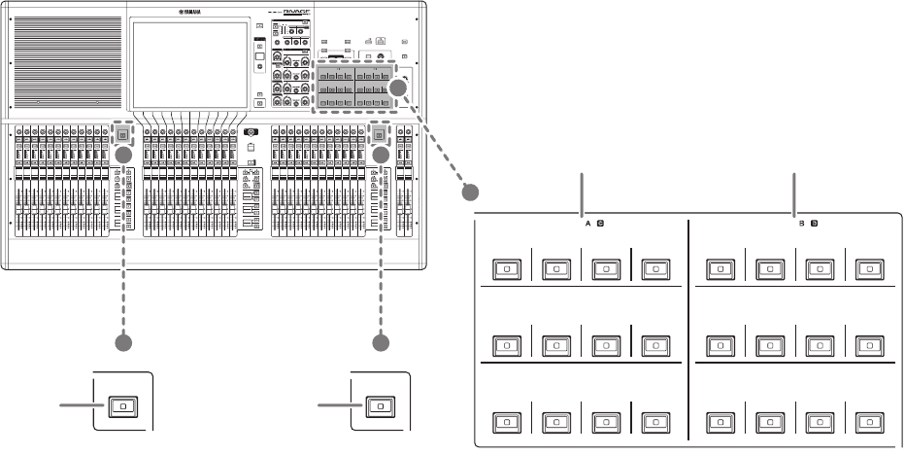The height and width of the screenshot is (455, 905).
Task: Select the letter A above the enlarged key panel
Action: [x=588, y=224]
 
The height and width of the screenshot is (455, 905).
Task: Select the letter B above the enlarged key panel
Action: [x=801, y=224]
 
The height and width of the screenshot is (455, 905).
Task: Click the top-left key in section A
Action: [x=506, y=267]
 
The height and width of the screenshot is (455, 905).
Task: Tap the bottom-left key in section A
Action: [x=506, y=423]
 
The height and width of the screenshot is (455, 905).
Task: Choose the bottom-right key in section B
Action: [x=867, y=423]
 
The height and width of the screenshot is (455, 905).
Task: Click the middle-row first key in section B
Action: [x=718, y=345]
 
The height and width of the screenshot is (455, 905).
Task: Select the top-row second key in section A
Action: [x=556, y=267]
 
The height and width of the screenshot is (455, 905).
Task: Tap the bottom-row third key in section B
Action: [x=818, y=423]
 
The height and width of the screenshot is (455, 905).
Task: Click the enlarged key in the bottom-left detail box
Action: [x=122, y=406]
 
